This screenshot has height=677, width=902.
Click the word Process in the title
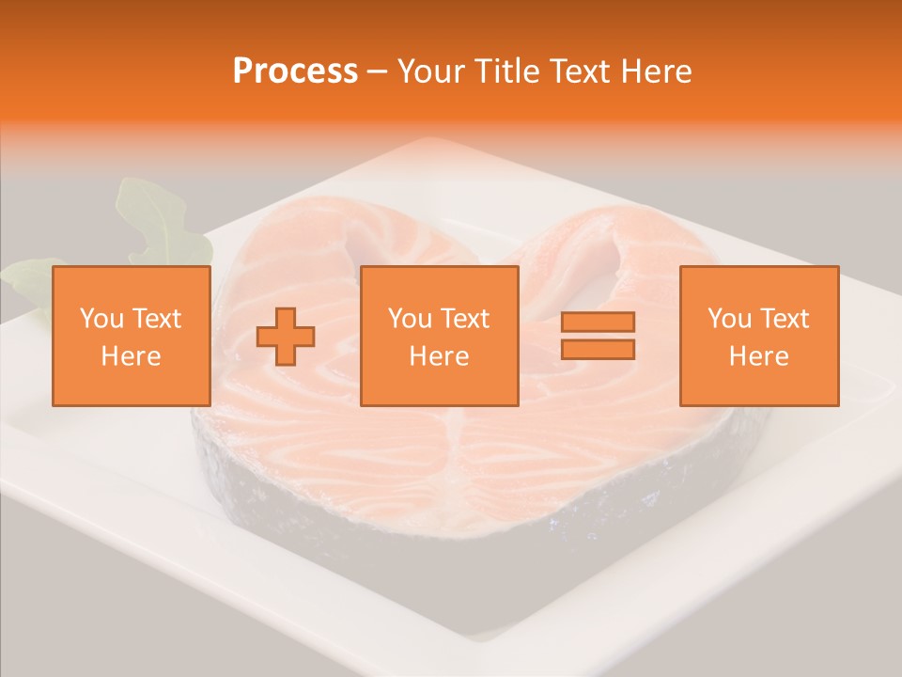pos(295,71)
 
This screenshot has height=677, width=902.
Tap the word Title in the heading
pos(507,71)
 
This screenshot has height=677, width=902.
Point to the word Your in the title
pos(431,71)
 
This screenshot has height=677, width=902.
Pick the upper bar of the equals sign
pos(598,322)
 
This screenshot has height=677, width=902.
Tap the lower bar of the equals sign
pos(598,349)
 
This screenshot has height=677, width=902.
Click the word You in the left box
pos(101,319)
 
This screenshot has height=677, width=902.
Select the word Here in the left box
pos(131,356)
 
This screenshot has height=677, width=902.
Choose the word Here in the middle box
pos(439,356)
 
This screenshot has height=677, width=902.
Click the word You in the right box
pos(729,319)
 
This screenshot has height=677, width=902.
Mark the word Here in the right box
pos(758,356)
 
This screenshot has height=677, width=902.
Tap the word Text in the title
pos(579,71)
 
